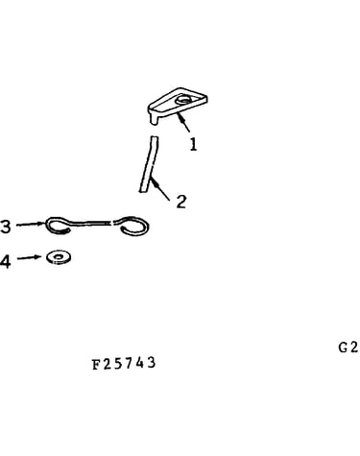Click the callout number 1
tap(193, 144)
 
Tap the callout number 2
tap(181, 202)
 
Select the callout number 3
tap(5, 227)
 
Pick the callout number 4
tap(5, 261)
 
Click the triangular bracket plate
tap(177, 103)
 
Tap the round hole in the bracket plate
tap(183, 101)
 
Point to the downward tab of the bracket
tap(155, 119)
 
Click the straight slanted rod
tap(149, 164)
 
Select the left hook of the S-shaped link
tap(58, 226)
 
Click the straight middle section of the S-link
tap(91, 223)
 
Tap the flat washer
tap(59, 257)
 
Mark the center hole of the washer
tap(59, 256)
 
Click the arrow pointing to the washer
tap(29, 257)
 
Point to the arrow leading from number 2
tap(160, 189)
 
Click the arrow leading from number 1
tap(183, 122)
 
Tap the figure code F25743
tap(124, 364)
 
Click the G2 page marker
tap(348, 348)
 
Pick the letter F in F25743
tap(96, 365)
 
